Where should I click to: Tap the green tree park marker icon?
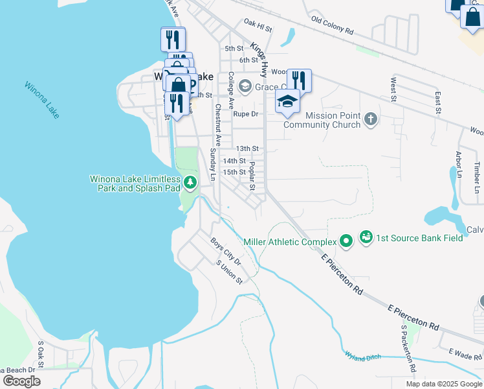pyautogui.click(x=190, y=183)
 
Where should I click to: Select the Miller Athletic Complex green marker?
pyautogui.click(x=346, y=242)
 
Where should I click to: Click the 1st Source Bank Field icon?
pyautogui.click(x=366, y=237)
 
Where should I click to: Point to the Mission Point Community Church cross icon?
pyautogui.click(x=370, y=119)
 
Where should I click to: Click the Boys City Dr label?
pyautogui.click(x=225, y=252)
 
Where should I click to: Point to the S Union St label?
pyautogui.click(x=229, y=272)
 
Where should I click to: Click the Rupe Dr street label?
pyautogui.click(x=245, y=114)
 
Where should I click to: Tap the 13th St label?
pyautogui.click(x=247, y=148)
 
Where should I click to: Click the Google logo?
pyautogui.click(x=21, y=381)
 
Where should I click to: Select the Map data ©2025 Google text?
pyautogui.click(x=443, y=384)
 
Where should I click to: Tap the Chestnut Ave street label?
pyautogui.click(x=219, y=124)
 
